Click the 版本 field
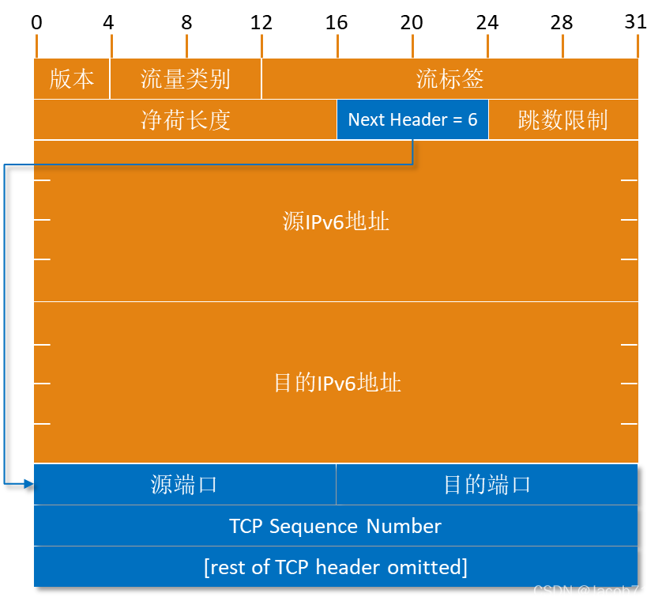point(72,79)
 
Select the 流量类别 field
point(186,79)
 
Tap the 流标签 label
point(449,79)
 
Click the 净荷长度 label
point(186,120)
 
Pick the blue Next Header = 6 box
point(412,120)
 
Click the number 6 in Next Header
point(472,120)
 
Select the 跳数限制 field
point(562,120)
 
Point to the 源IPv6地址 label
point(336,221)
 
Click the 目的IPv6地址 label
point(337,384)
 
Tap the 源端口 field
point(184,485)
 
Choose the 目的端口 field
point(487,485)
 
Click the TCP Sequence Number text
point(335,527)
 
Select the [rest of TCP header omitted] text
point(335,568)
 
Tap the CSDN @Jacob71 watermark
point(591,592)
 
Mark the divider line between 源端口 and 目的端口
point(336,485)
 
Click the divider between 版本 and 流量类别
point(110,79)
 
